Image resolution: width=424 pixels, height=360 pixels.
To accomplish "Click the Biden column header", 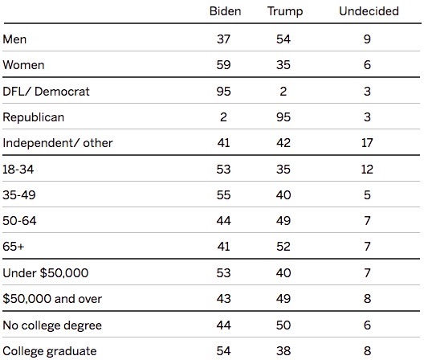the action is coord(225,11).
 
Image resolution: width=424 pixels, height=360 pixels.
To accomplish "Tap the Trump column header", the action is coord(285,11).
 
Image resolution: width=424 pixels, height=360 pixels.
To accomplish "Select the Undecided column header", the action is coord(369,11).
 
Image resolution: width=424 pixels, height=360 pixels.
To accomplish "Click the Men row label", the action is coord(14,39).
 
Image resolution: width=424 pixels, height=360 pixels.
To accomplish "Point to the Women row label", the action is coord(23,65).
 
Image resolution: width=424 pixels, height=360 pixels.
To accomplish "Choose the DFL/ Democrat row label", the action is coord(46,92).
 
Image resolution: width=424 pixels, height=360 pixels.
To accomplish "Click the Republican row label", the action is coord(34,118).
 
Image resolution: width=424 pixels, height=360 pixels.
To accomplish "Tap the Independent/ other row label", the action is coord(58,143).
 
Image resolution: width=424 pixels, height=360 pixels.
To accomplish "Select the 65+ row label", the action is coord(14,247).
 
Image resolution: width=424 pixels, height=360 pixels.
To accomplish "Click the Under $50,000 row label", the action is coord(46,273).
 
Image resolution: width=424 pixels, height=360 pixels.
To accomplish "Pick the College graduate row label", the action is coord(50,351).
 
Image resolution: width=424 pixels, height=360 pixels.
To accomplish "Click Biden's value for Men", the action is coord(223,39).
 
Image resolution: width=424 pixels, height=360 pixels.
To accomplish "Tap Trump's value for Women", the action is coord(283,65).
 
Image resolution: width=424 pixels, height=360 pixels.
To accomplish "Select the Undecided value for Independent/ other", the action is coord(367,143).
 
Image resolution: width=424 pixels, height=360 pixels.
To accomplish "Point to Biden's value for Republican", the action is coord(223,117).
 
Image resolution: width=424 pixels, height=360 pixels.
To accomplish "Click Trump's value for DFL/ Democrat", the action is coord(283,92).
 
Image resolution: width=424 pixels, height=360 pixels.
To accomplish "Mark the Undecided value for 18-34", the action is coord(367,170).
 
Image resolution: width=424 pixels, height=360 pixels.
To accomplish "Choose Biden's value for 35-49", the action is coord(223,195).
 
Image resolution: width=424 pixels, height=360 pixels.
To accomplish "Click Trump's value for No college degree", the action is coord(283,325).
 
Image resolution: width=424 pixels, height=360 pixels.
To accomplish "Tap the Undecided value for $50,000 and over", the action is coord(367,299).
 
